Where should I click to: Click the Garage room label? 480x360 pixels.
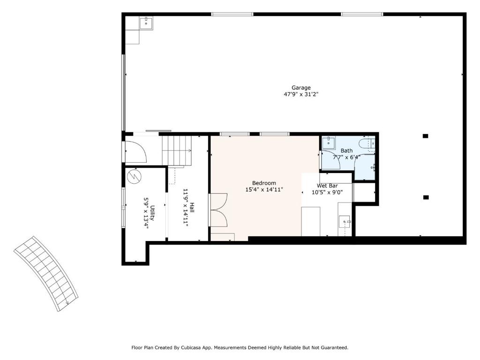[x=301, y=88]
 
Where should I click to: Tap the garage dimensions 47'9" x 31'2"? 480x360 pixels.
[x=301, y=95]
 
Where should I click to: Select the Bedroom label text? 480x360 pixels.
[x=264, y=183]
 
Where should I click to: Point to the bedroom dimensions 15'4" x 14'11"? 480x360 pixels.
[x=264, y=190]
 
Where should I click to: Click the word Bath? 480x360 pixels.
[x=346, y=150]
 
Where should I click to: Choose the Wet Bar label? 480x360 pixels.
[x=327, y=186]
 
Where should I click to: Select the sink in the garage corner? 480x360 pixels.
[x=146, y=23]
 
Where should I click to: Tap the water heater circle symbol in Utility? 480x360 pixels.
[x=134, y=176]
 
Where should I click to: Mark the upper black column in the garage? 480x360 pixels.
[x=426, y=136]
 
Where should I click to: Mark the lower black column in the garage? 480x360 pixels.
[x=426, y=197]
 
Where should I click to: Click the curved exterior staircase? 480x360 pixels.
[x=46, y=273]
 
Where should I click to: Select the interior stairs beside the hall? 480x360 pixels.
[x=177, y=150]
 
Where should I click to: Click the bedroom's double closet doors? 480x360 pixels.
[x=218, y=210]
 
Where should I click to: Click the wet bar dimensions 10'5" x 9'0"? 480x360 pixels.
[x=327, y=193]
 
